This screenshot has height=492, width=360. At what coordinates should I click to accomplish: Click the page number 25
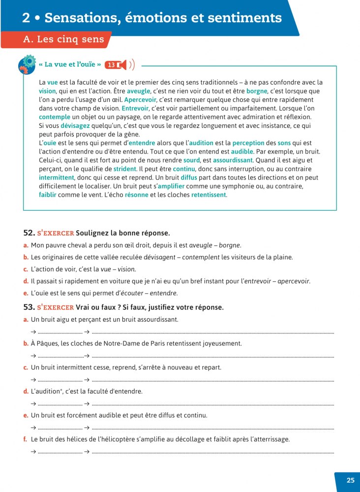click(x=350, y=481)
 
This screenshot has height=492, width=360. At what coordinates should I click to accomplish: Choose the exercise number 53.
click(x=28, y=307)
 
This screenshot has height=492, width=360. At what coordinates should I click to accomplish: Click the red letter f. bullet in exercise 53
click(x=25, y=439)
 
